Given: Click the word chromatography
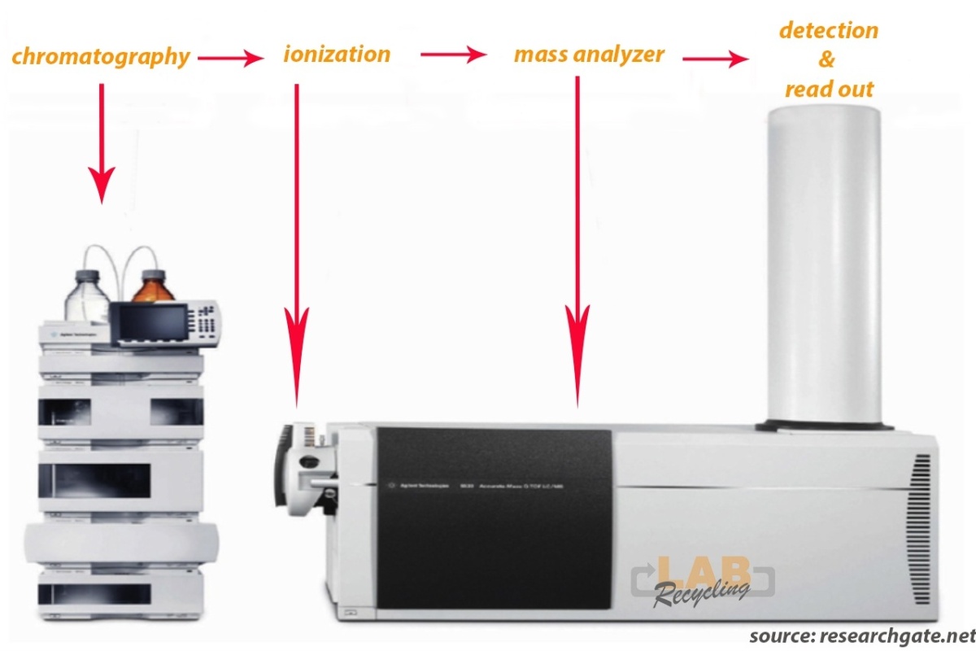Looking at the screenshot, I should [101, 57].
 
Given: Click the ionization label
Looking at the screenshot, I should [337, 55].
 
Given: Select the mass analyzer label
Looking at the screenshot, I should [589, 55].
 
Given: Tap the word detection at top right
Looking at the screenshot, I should [828, 30].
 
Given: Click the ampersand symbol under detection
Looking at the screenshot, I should [827, 60].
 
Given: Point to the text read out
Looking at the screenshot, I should [829, 89].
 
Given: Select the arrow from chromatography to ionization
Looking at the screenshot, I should [231, 57].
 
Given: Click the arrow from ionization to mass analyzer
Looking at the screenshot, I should [452, 55].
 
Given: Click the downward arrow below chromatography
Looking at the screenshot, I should [102, 142].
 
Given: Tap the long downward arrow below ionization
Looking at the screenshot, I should [297, 244].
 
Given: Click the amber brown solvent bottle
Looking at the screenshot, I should [154, 285].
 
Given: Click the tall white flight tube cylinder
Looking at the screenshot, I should [823, 269].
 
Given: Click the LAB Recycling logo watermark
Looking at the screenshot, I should [701, 579].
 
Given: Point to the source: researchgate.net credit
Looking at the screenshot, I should [861, 635].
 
